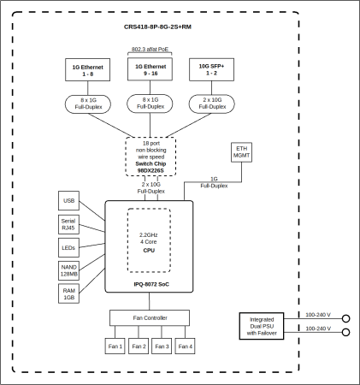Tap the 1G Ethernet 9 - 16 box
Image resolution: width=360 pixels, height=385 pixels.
pyautogui.click(x=150, y=69)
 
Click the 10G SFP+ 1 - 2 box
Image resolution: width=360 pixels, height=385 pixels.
pyautogui.click(x=210, y=69)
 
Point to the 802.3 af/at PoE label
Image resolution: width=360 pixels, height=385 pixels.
pyautogui.click(x=150, y=50)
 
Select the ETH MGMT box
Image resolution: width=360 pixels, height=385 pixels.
pyautogui.click(x=243, y=152)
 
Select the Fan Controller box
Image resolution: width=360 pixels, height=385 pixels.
pyautogui.click(x=150, y=318)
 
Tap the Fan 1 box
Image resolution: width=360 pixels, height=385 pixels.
pyautogui.click(x=115, y=346)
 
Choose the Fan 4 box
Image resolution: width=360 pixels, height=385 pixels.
pyautogui.click(x=185, y=346)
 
